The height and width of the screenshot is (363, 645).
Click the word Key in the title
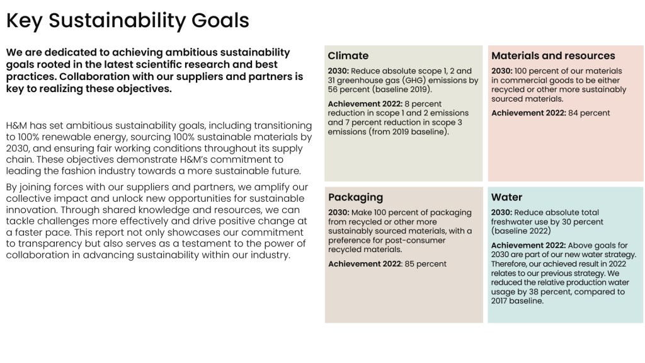pos(24,21)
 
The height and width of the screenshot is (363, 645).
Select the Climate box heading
pos(348,55)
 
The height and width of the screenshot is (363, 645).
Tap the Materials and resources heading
pos(553,55)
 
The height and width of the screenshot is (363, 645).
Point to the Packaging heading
pos(355,197)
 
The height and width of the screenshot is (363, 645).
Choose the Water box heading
pos(506,197)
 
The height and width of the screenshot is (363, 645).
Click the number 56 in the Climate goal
pos(333,89)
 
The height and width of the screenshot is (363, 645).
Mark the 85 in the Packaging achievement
pos(409,264)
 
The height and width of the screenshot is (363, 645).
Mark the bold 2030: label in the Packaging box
pos(338,212)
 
